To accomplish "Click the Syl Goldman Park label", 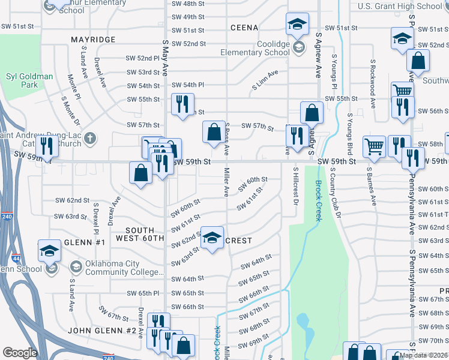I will click(x=29, y=80).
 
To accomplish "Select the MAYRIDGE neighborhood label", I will click(x=92, y=40).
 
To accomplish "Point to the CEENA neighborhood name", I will click(x=244, y=28).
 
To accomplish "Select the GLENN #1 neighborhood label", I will click(x=85, y=242).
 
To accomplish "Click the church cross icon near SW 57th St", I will click(x=90, y=139).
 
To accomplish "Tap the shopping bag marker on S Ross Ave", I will click(x=214, y=132).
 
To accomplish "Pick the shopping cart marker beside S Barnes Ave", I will click(x=375, y=146).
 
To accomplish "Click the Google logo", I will click(x=20, y=353).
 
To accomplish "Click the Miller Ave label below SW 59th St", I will click(x=227, y=183).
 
